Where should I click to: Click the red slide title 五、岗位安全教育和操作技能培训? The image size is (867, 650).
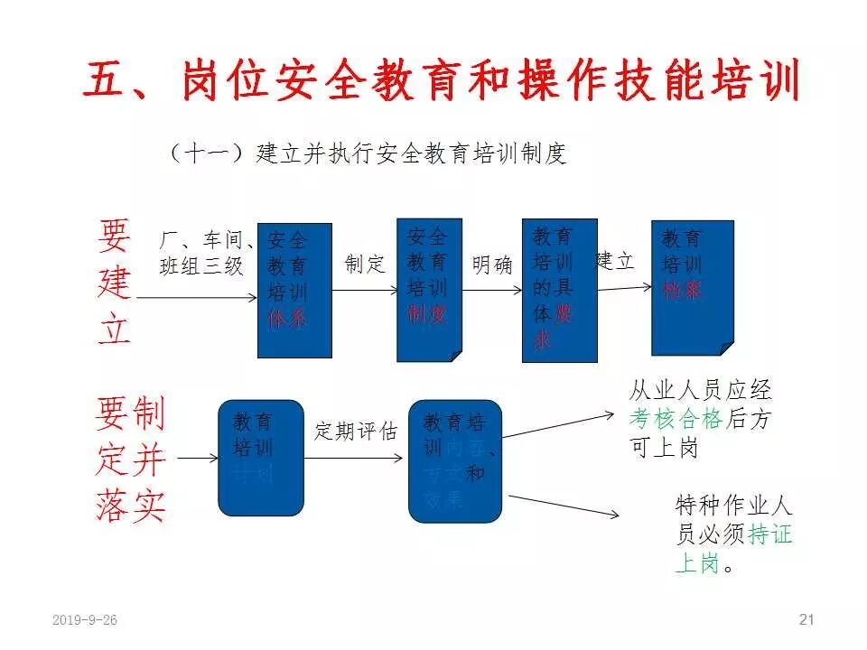(x=443, y=82)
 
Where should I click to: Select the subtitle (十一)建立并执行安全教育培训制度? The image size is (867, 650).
(x=367, y=153)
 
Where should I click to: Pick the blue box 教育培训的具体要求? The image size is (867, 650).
(x=559, y=290)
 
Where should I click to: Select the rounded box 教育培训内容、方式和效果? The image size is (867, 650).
(x=454, y=461)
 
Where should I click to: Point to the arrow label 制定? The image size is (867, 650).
(x=365, y=264)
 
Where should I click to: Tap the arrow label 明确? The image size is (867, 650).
(x=492, y=265)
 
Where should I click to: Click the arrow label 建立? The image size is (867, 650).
(x=615, y=261)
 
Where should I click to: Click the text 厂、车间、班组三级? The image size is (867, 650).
(x=206, y=253)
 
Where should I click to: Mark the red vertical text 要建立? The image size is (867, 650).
(x=115, y=283)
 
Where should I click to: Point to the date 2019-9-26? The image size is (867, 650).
(x=85, y=620)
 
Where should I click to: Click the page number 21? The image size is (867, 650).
(x=806, y=619)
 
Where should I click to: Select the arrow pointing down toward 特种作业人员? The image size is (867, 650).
(x=564, y=506)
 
